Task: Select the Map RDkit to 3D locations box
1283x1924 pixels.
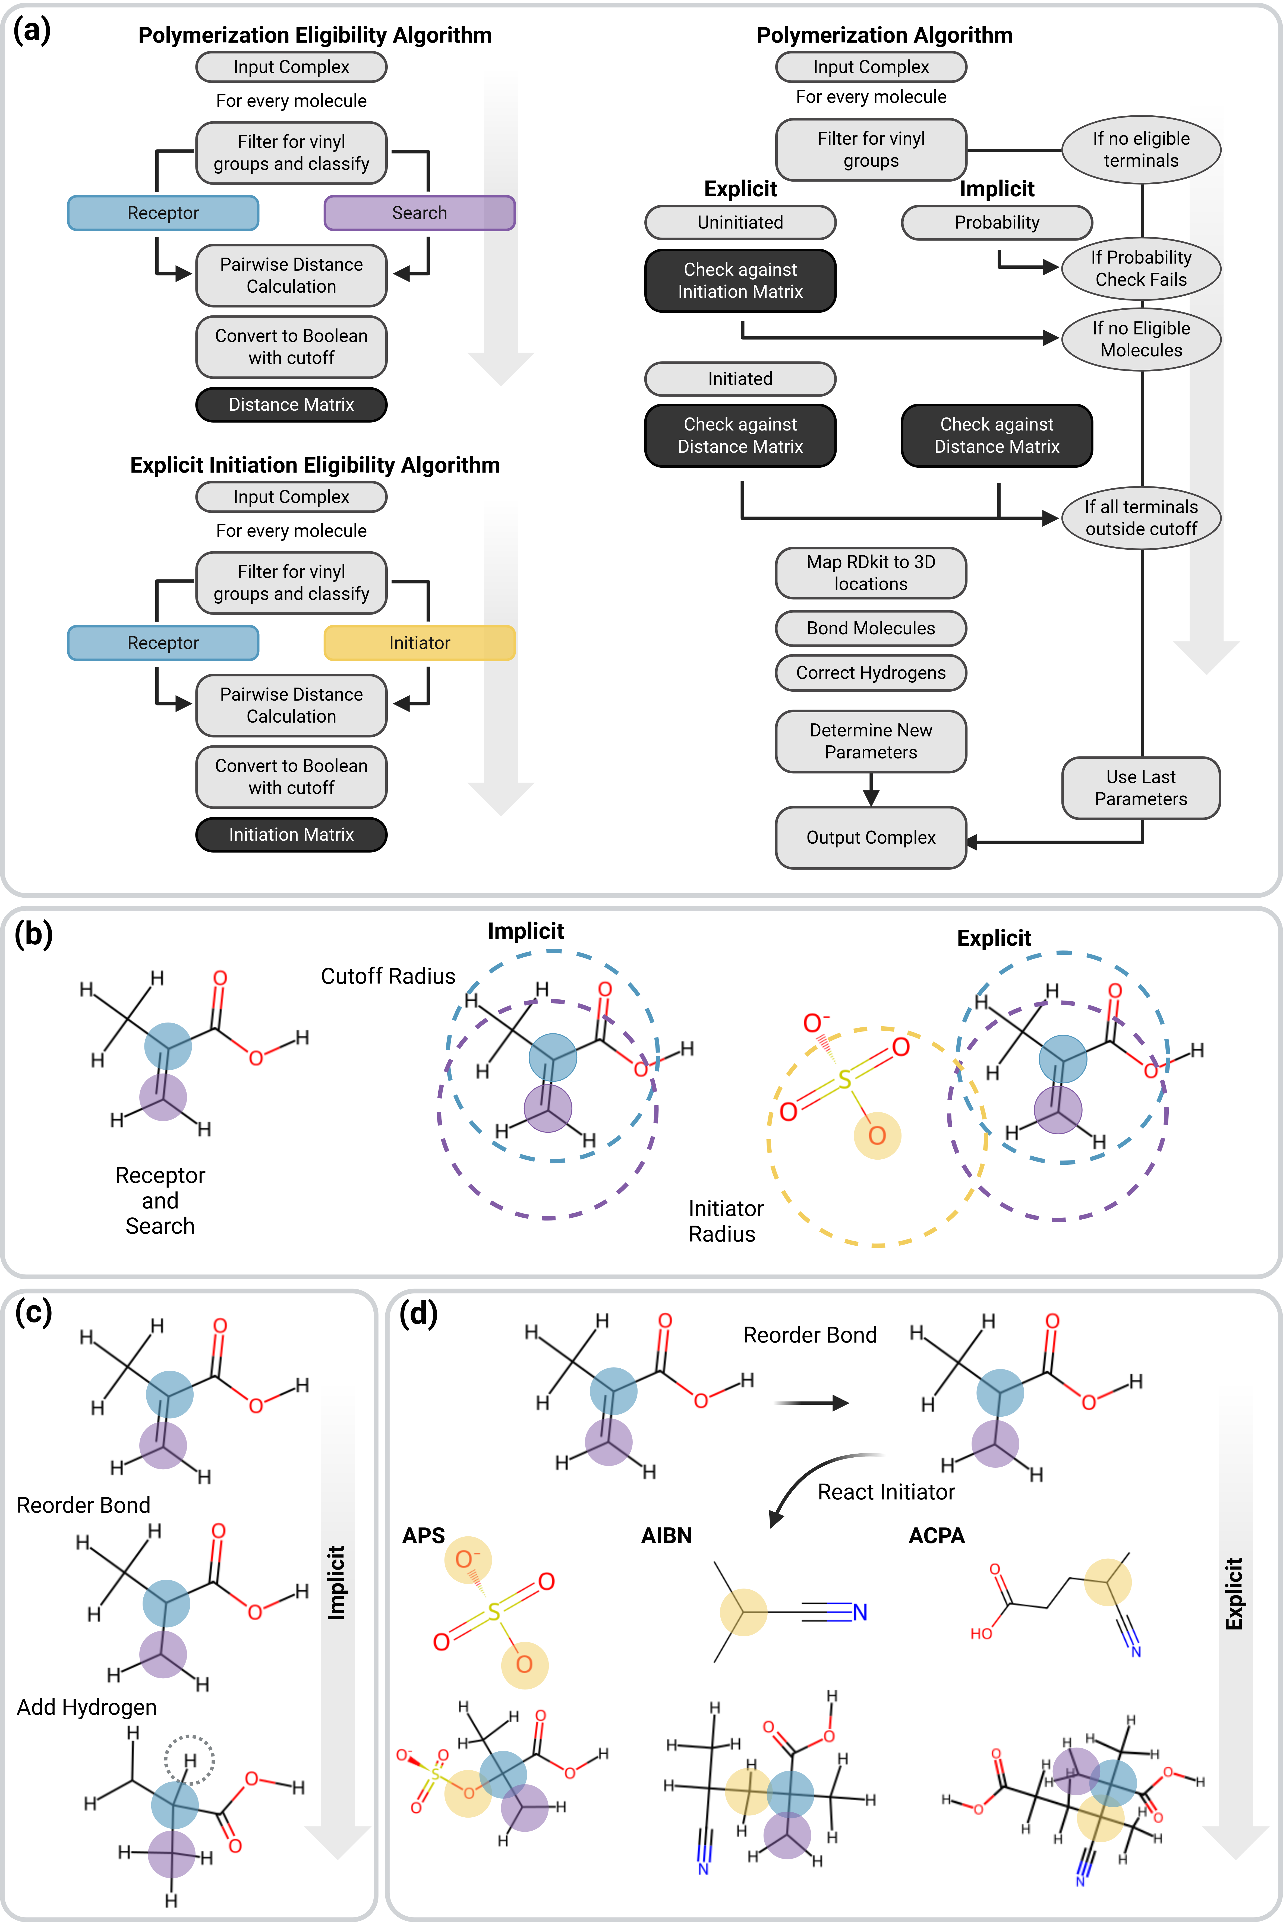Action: pos(871,573)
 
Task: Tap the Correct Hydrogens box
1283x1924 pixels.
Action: pos(871,672)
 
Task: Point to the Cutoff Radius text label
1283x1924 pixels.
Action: pos(388,976)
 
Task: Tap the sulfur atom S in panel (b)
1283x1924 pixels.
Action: pos(844,1080)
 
